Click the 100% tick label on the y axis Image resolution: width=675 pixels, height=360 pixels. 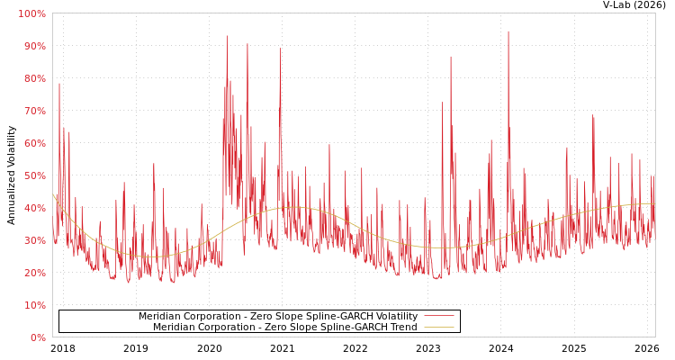click(x=31, y=13)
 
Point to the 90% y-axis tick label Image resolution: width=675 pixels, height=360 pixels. click(x=33, y=46)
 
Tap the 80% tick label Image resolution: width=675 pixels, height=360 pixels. click(x=33, y=78)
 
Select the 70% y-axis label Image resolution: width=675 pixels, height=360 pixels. click(x=33, y=111)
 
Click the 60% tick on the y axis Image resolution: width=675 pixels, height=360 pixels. click(x=33, y=143)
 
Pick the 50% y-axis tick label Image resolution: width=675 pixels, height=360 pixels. click(x=33, y=175)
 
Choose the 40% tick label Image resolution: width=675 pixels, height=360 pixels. click(x=33, y=208)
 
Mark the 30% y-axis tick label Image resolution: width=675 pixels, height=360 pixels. click(x=33, y=240)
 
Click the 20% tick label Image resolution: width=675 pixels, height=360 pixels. click(x=33, y=273)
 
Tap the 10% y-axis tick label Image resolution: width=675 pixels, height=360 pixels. click(x=33, y=305)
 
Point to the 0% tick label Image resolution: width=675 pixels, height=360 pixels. click(x=37, y=337)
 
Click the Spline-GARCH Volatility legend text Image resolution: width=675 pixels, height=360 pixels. click(x=278, y=317)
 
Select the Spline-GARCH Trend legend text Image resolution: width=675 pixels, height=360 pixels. click(x=285, y=328)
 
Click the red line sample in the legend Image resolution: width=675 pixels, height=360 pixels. click(x=438, y=317)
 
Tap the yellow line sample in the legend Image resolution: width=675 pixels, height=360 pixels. click(x=438, y=328)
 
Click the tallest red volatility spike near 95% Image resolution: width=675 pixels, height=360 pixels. click(x=508, y=32)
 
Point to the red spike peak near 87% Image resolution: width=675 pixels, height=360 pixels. click(x=451, y=58)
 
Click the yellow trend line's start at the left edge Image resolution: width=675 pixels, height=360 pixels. click(x=53, y=194)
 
